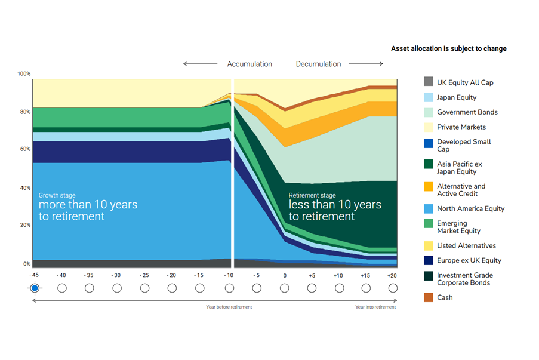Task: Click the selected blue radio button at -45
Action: [35, 288]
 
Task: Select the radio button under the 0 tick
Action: [284, 288]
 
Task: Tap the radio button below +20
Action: [393, 288]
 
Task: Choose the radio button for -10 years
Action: [229, 288]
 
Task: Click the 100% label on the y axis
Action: [24, 73]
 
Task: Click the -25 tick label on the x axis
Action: [144, 275]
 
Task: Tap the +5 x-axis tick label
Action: [312, 275]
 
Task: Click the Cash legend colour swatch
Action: [428, 297]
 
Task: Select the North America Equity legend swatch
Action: [428, 208]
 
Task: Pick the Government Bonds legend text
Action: [467, 112]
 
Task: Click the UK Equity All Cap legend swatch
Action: [428, 82]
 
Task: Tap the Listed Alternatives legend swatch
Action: [428, 245]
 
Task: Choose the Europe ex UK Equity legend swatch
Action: [428, 260]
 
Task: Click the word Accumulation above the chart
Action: [250, 64]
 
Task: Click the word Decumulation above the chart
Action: [319, 64]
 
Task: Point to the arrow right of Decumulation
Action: [365, 64]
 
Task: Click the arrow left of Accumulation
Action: [201, 64]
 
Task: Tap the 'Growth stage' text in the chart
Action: [57, 195]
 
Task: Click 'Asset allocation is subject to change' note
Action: [448, 48]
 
